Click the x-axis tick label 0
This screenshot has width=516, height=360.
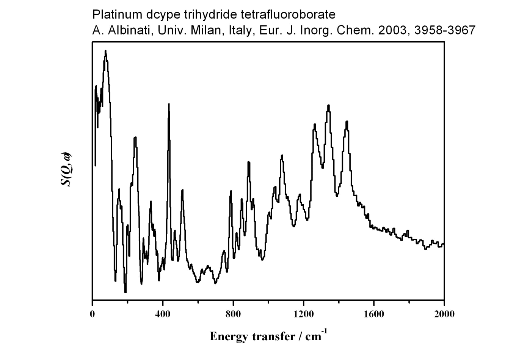pyautogui.click(x=93, y=314)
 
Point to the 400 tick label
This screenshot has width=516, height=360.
pyautogui.click(x=163, y=314)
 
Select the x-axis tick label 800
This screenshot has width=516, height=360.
pyautogui.click(x=233, y=314)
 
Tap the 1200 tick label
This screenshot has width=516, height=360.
pyautogui.click(x=303, y=314)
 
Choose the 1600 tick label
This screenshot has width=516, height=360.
pyautogui.click(x=374, y=314)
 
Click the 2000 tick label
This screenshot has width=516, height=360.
pyautogui.click(x=444, y=314)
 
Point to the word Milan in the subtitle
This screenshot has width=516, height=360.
pyautogui.click(x=208, y=30)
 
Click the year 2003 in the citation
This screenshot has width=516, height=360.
pyautogui.click(x=393, y=30)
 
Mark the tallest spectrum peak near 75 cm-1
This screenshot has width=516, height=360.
pyautogui.click(x=105, y=51)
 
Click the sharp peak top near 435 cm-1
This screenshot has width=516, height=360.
pyautogui.click(x=169, y=104)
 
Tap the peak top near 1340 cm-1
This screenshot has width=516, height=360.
pyautogui.click(x=328, y=106)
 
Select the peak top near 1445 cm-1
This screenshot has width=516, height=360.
pyautogui.click(x=347, y=122)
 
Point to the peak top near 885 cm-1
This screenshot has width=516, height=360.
pyautogui.click(x=248, y=162)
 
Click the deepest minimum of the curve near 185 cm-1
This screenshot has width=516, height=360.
pyautogui.click(x=125, y=292)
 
